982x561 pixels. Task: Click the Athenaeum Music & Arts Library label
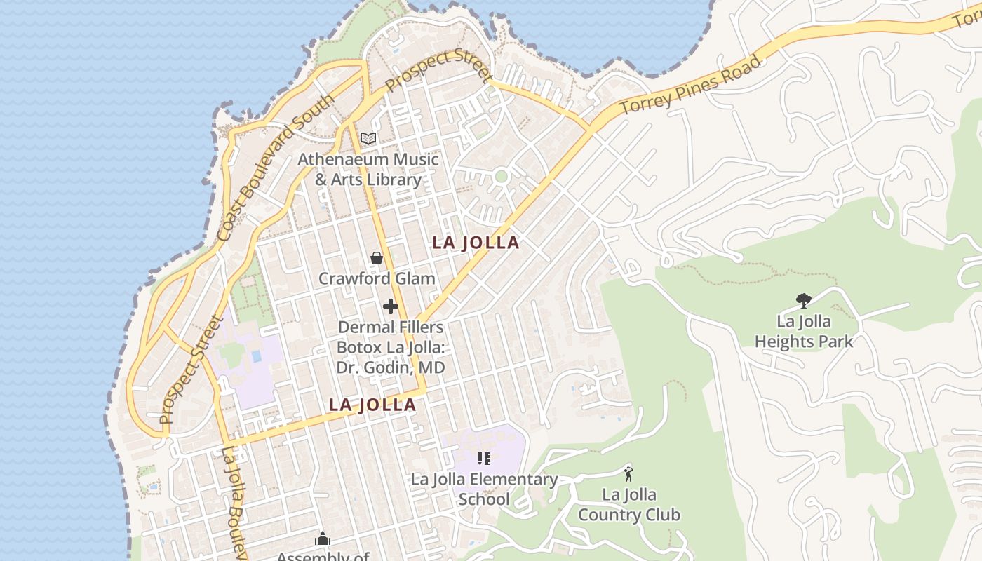coord(368,169)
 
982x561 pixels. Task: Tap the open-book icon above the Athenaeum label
coord(368,138)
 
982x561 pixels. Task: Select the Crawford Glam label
coord(377,278)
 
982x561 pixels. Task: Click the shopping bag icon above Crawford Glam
coord(377,258)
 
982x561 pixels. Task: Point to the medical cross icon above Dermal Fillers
coord(391,306)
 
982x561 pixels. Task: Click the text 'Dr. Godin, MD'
coord(391,367)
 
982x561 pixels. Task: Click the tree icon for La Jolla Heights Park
coord(804,301)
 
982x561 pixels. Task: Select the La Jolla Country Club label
coord(628,505)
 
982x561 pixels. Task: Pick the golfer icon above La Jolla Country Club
coord(628,474)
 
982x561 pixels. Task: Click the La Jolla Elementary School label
coord(484,489)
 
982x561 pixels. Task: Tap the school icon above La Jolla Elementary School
coord(484,459)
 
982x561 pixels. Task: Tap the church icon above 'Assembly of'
coord(323,539)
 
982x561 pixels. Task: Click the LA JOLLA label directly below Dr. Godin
coord(372,405)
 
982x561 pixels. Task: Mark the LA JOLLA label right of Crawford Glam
coord(476,243)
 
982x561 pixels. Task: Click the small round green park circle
coord(501,176)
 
